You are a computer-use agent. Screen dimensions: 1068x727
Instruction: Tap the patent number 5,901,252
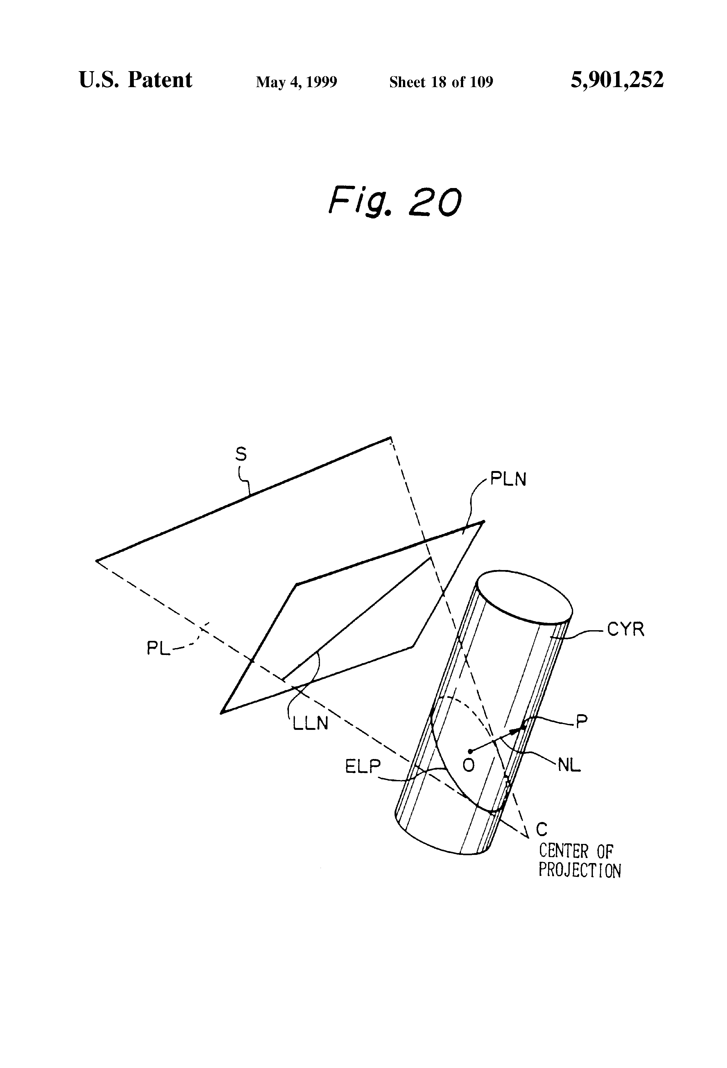coord(617,80)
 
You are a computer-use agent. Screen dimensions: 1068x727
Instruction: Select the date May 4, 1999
coord(296,82)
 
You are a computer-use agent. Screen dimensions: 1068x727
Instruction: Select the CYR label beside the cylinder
coord(625,629)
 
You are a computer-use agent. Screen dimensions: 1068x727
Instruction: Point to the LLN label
coord(311,723)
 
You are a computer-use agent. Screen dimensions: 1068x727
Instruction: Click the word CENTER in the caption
coord(563,851)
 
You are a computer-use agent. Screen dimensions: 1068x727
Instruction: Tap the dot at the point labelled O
coord(470,751)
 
